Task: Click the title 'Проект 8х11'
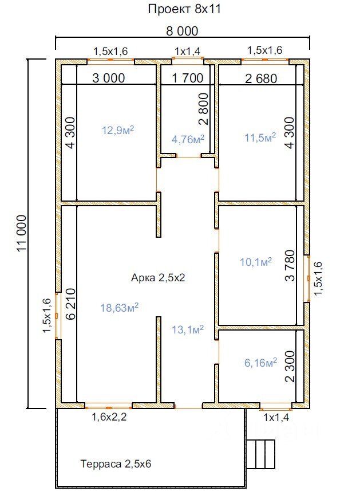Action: pos(184,9)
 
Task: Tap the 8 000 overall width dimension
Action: pos(182,31)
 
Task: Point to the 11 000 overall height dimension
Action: pos(22,233)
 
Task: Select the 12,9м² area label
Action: pos(118,130)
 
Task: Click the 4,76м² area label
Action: pos(188,139)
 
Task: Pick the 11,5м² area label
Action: pos(260,137)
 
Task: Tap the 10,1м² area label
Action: pos(256,262)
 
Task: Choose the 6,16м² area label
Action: pos(260,362)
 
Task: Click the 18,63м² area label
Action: pos(119,308)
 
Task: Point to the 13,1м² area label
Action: pos(188,329)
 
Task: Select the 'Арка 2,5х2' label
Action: pos(158,278)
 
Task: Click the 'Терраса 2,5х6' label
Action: pos(116,463)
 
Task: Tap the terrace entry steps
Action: pos(260,454)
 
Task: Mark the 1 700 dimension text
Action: pos(188,78)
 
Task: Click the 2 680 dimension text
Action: pos(261,78)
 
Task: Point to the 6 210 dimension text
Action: pos(70,304)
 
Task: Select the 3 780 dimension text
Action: pos(290,266)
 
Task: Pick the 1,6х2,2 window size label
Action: pos(109,417)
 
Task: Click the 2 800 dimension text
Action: pos(204,108)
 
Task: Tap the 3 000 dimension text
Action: pos(109,78)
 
